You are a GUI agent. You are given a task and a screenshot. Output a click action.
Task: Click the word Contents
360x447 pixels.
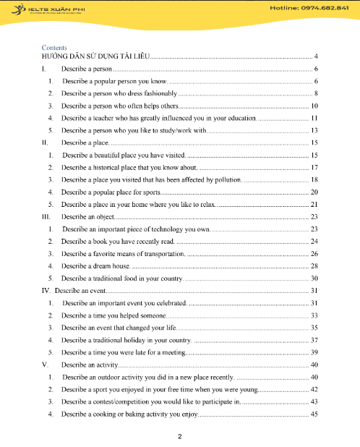[54, 48]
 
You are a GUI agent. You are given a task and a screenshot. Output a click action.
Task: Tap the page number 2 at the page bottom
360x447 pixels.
[180, 437]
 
